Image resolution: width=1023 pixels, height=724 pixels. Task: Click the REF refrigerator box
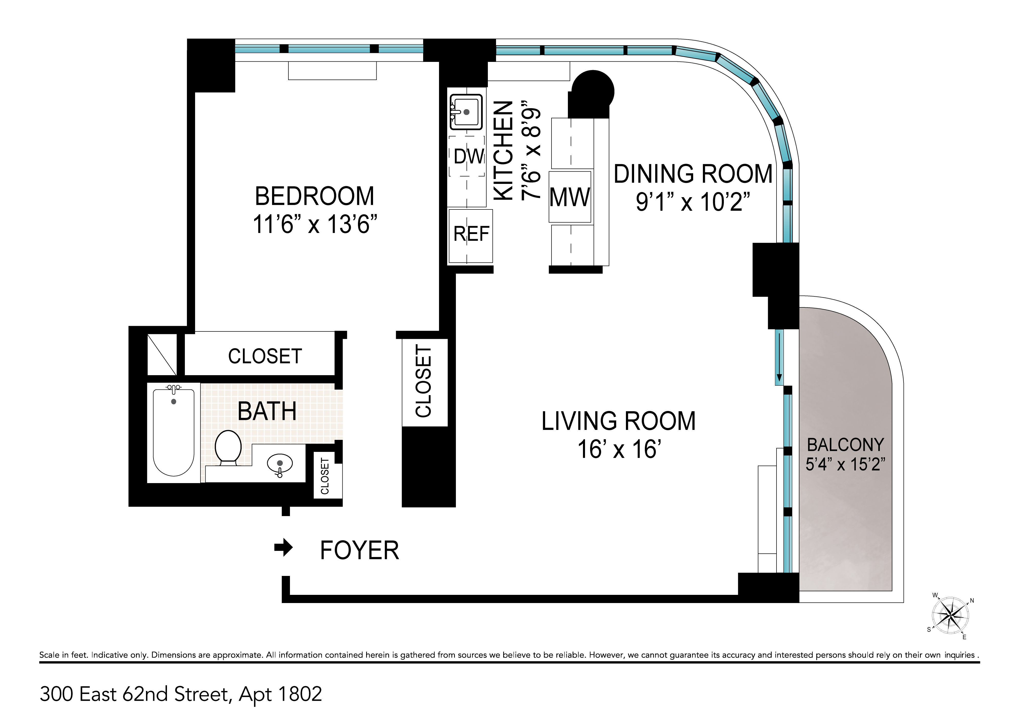[x=471, y=236]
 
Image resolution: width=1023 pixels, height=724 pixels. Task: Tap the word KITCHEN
[x=504, y=151]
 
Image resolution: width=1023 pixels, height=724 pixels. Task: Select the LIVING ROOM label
[x=618, y=421]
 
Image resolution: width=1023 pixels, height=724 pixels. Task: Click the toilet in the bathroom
[x=228, y=447]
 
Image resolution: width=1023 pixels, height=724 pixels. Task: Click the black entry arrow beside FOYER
[x=284, y=548]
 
